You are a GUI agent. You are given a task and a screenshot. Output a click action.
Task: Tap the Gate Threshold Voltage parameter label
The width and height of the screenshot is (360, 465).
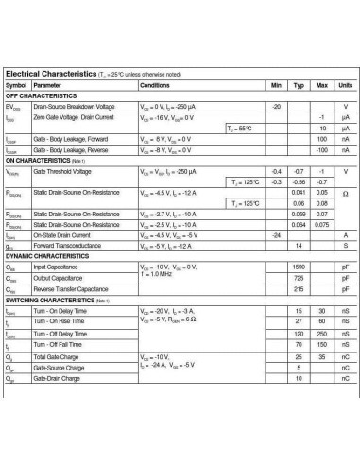click(62, 171)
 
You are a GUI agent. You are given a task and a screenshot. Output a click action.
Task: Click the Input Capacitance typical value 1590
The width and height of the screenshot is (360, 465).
click(299, 267)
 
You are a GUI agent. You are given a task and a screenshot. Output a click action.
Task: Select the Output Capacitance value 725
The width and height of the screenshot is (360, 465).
click(299, 278)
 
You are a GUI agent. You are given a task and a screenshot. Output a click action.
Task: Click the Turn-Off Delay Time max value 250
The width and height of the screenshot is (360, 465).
click(321, 335)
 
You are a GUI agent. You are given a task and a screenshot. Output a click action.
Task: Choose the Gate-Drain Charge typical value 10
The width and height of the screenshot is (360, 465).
click(299, 378)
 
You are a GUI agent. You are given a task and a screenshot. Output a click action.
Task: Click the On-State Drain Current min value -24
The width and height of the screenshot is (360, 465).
click(277, 234)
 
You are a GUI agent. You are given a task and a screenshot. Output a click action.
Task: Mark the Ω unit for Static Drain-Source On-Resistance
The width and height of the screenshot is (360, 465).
click(345, 192)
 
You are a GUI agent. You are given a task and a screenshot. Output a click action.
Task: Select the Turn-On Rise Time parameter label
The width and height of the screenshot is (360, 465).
click(60, 322)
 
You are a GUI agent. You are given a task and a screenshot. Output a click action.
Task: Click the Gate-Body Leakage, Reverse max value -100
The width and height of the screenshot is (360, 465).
click(321, 149)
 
